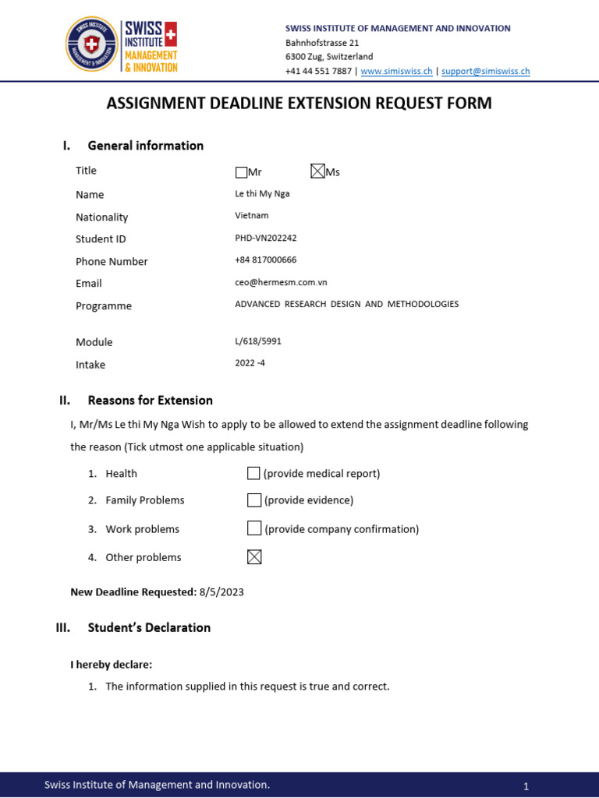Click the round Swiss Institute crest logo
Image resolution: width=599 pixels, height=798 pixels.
[x=91, y=44]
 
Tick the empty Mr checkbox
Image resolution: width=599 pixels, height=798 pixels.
[x=241, y=172]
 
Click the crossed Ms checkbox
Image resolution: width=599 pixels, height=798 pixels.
[x=317, y=171]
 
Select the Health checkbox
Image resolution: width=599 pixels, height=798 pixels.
[x=253, y=473]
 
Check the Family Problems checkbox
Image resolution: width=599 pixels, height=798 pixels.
[x=253, y=500]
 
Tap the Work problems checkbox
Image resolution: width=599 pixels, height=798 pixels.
[x=253, y=528]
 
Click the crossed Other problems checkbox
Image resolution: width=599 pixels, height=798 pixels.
[x=253, y=556]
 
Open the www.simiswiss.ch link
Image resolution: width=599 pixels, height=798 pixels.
[x=396, y=71]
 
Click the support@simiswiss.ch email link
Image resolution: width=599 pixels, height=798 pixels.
[x=485, y=71]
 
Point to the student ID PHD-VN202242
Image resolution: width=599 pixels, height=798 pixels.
[x=266, y=238]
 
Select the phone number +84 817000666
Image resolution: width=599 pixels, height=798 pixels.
[x=265, y=260]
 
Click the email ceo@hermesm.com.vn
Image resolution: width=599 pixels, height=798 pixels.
[x=281, y=282]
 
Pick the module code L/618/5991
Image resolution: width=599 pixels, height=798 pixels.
[x=258, y=341]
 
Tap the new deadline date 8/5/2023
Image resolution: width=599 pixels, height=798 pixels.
[x=222, y=592]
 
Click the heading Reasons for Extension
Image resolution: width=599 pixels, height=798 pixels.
[x=150, y=401]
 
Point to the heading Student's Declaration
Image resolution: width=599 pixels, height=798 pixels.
[x=149, y=627]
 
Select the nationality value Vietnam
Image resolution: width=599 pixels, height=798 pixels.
[x=251, y=215]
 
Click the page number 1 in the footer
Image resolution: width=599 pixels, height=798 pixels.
[x=526, y=786]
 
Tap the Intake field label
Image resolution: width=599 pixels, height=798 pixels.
[x=90, y=365]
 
